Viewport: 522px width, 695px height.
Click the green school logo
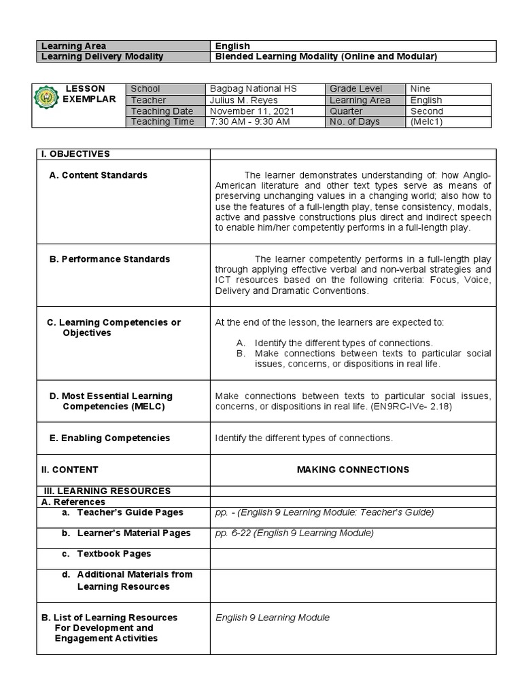(47, 100)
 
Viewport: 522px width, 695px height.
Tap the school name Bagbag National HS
(253, 89)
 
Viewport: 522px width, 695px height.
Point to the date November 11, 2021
(251, 111)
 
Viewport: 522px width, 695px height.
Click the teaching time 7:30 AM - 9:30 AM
(250, 121)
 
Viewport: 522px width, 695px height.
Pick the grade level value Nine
(420, 89)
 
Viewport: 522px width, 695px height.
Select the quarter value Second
(427, 111)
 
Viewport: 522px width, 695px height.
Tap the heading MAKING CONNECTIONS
(353, 469)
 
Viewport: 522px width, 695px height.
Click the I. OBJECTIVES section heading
(76, 154)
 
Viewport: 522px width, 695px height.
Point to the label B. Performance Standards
(109, 259)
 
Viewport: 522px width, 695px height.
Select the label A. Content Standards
(98, 175)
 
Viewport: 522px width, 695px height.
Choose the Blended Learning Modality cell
(326, 56)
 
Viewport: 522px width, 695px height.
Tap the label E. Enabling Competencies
(109, 438)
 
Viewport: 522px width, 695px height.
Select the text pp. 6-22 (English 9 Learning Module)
(294, 533)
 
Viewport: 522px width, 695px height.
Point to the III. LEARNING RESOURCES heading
(107, 491)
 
